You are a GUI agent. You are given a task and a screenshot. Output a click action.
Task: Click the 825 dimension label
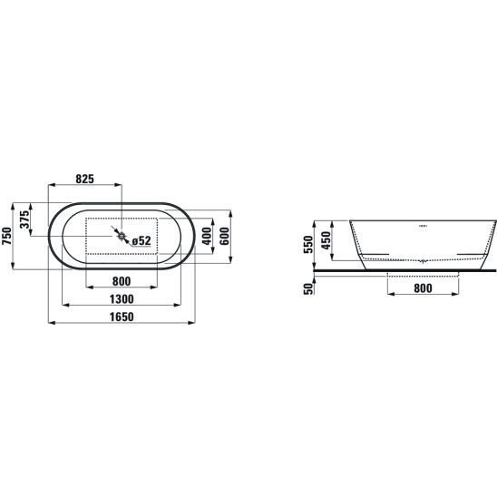85,179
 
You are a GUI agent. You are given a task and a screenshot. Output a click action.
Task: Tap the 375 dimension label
24,219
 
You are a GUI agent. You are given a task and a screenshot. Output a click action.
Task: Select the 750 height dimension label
6,236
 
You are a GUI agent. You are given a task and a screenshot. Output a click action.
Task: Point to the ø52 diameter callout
141,241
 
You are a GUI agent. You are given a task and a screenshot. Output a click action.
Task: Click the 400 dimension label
207,236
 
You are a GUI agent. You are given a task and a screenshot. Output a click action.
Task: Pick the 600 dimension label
224,236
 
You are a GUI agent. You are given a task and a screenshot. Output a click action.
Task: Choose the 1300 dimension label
122,299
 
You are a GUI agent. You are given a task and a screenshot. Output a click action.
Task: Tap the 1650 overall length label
122,317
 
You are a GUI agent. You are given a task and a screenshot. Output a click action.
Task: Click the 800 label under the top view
122,281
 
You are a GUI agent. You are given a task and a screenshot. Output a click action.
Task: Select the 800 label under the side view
423,288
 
